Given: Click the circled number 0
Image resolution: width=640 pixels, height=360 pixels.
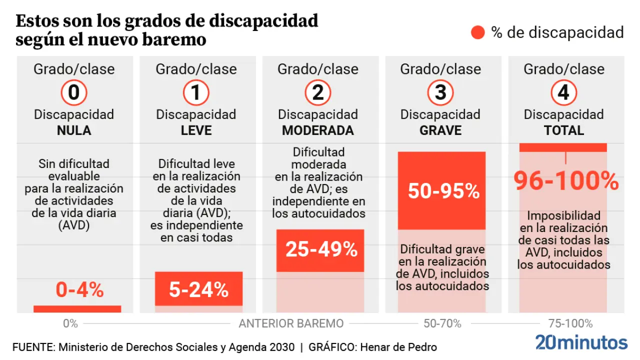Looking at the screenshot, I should coord(74,92).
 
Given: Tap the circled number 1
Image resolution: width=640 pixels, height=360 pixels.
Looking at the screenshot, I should coord(196,92).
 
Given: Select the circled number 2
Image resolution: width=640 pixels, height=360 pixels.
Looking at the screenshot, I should coord(318,92).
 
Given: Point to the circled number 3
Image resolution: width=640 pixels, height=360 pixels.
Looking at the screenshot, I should coord(440,92).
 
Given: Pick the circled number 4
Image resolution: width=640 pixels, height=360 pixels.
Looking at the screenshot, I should coord(563,92).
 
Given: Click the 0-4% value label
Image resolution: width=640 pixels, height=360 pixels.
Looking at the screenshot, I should coord(79,290).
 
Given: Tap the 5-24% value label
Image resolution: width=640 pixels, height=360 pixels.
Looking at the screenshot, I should coord(198,290).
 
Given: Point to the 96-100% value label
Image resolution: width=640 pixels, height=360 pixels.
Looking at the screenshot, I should coord(566,181).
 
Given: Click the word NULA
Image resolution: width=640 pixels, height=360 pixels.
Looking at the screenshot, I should coord(74,130).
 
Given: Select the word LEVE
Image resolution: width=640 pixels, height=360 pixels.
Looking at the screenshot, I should coord(196,130).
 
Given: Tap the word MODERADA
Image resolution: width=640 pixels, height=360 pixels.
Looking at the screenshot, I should coord(318,130).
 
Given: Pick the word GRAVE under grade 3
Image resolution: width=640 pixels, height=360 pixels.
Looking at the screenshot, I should coord(440,130).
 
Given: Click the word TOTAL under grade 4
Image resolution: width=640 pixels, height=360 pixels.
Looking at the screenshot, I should coord(563,130).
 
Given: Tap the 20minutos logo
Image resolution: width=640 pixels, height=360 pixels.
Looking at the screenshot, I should coord(581,342).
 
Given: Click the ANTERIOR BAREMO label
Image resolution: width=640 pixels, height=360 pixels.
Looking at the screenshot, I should coord(291,323).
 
